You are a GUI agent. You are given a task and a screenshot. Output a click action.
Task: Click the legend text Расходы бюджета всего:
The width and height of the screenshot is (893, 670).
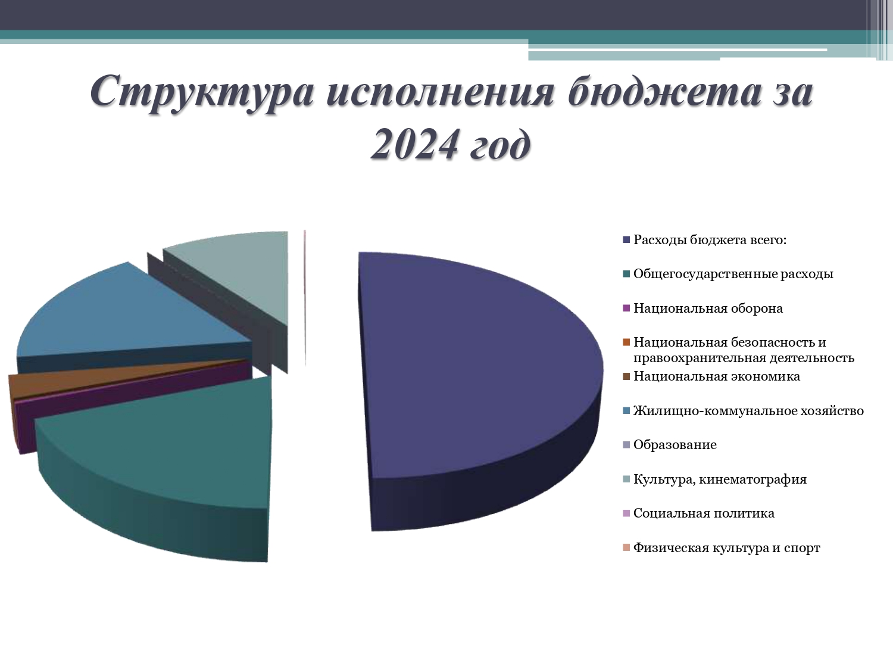pyautogui.click(x=710, y=240)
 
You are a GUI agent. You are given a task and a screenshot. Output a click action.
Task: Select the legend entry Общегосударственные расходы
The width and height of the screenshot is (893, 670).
pyautogui.click(x=733, y=274)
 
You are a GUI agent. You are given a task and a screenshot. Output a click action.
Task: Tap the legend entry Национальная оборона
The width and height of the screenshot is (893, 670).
pyautogui.click(x=708, y=308)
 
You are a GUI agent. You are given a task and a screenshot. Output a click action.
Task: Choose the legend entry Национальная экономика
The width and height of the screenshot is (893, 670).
pyautogui.click(x=716, y=376)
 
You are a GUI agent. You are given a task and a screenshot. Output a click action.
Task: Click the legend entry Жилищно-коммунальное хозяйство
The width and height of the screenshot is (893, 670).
pyautogui.click(x=748, y=411)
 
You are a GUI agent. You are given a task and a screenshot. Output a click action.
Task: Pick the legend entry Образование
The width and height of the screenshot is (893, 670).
pyautogui.click(x=675, y=445)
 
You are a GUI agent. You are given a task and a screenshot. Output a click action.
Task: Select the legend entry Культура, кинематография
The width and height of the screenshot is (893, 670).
pyautogui.click(x=720, y=479)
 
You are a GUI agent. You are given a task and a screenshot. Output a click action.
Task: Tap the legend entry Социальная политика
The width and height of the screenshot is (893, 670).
pyautogui.click(x=704, y=513)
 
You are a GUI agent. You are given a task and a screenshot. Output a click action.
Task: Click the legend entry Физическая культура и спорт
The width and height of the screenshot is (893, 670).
pyautogui.click(x=727, y=548)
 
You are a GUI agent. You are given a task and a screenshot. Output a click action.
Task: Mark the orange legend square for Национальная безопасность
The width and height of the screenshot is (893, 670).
pyautogui.click(x=626, y=342)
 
